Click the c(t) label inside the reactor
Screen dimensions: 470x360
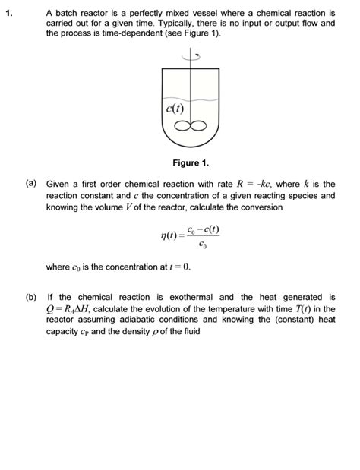pyautogui.click(x=174, y=109)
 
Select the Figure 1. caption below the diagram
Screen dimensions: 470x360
pyautogui.click(x=190, y=163)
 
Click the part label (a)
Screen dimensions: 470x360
pyautogui.click(x=30, y=184)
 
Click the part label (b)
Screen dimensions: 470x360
pyautogui.click(x=30, y=297)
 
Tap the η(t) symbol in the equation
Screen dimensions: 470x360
pyautogui.click(x=169, y=237)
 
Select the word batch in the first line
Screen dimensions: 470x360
pyautogui.click(x=66, y=13)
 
